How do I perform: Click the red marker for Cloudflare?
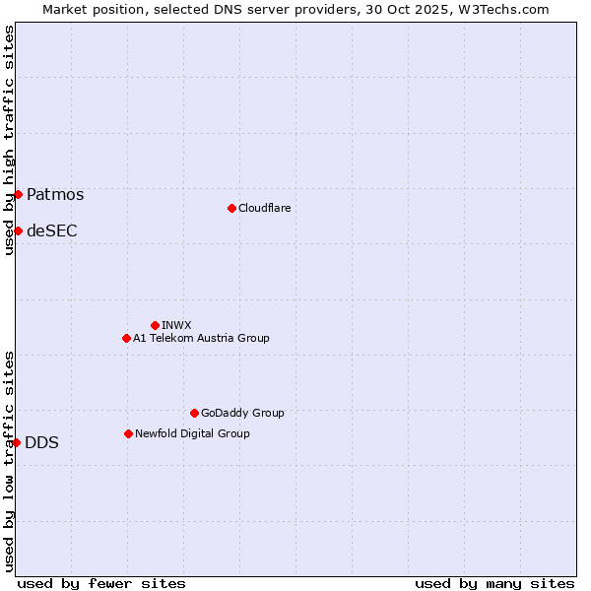[x=231, y=208]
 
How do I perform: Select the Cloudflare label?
[x=264, y=208]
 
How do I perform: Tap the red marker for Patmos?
[x=18, y=194]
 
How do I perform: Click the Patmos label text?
[x=55, y=194]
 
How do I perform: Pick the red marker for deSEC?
[x=18, y=230]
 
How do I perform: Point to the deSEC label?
[x=51, y=231]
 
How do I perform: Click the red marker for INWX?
[x=155, y=325]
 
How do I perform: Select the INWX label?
[x=176, y=325]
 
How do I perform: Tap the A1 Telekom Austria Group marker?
[x=126, y=338]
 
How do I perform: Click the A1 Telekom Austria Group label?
[x=201, y=338]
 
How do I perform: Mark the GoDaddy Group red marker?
[x=194, y=413]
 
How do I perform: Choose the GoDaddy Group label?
[x=242, y=413]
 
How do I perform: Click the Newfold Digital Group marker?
[x=128, y=433]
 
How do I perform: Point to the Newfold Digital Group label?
[x=192, y=433]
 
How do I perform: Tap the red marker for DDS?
[x=17, y=442]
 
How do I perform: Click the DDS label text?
[x=41, y=443]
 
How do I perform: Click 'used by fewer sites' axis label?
[x=101, y=583]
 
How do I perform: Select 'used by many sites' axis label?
[x=494, y=583]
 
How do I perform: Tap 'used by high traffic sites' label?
[x=9, y=140]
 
